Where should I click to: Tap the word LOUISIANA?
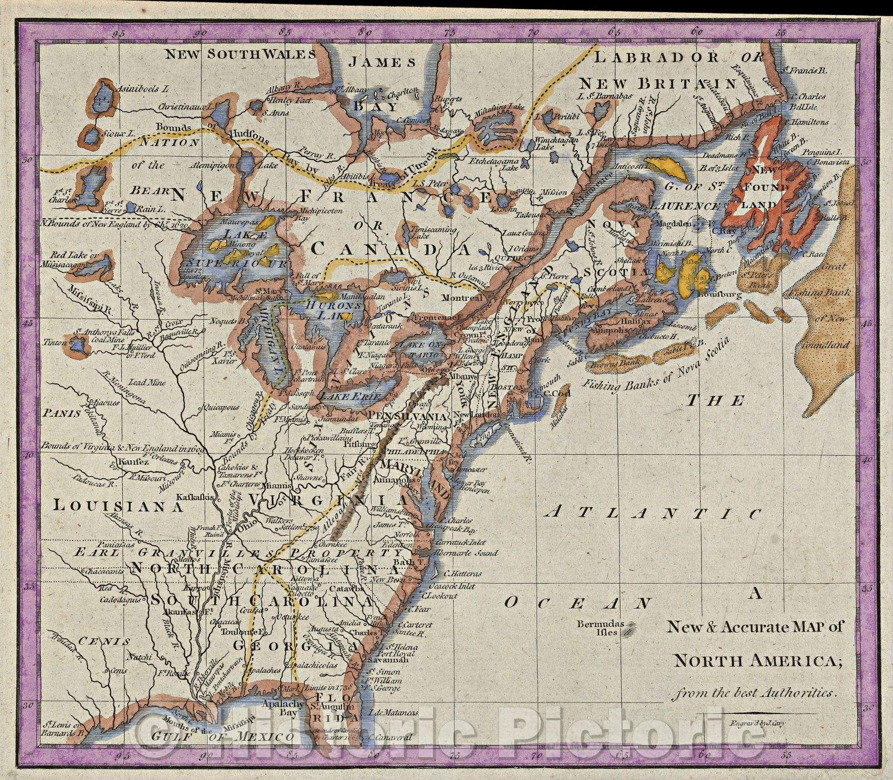(x=119, y=506)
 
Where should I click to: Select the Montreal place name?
(x=461, y=298)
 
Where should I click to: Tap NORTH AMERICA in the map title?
(x=756, y=662)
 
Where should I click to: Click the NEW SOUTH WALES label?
(x=240, y=54)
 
